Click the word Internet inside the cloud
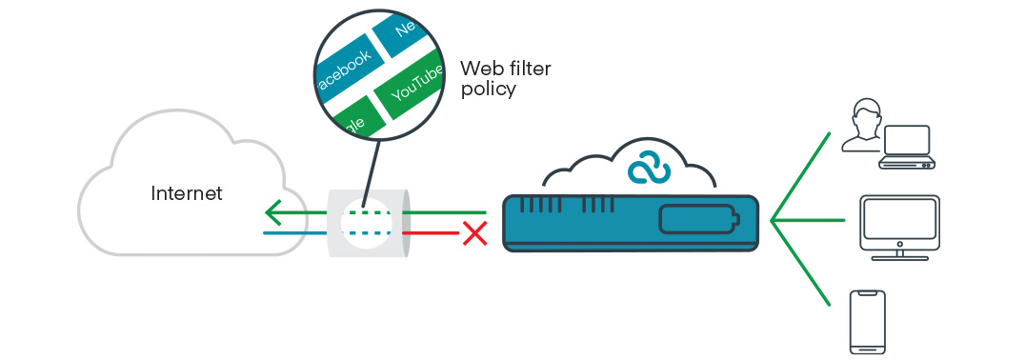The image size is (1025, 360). pos(187,194)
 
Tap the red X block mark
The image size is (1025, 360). pos(473,232)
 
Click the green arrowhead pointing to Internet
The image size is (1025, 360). pos(272,211)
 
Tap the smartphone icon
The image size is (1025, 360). pos(867,322)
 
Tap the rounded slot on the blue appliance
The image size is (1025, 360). pos(697,221)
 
